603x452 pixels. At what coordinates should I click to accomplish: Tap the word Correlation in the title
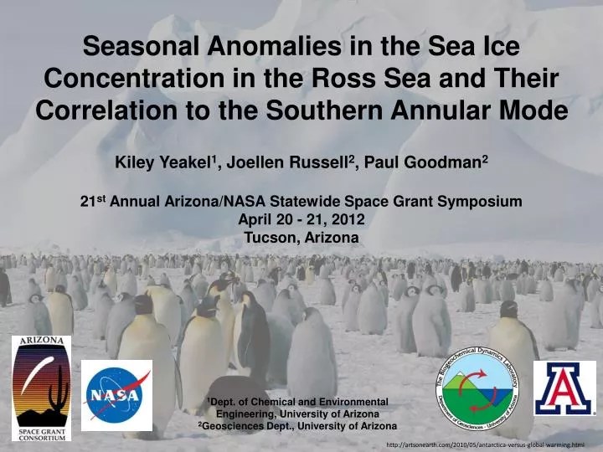point(106,110)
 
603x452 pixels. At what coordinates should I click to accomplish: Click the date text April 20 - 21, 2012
point(301,220)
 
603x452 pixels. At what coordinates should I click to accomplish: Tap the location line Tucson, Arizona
point(301,238)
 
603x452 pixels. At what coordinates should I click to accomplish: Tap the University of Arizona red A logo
point(564,388)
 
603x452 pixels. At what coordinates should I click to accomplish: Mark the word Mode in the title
point(533,110)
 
